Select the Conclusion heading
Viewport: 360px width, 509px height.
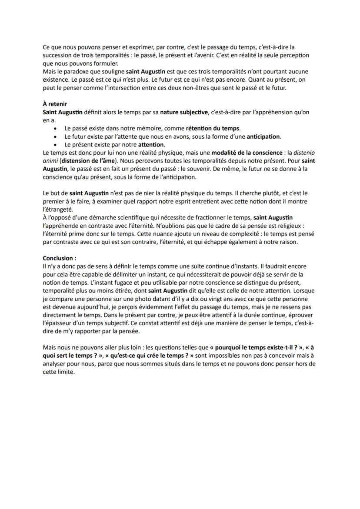pos(59,258)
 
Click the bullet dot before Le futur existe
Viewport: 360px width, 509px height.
pos(54,136)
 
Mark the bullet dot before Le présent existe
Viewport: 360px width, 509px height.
pos(54,144)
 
